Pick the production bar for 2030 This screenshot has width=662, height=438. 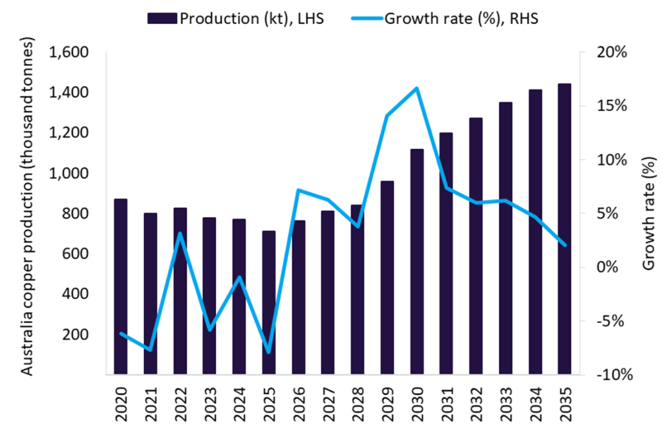click(x=416, y=262)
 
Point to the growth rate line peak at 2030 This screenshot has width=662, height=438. click(x=416, y=88)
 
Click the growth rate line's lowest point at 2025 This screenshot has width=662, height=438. click(x=268, y=353)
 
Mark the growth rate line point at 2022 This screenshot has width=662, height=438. click(x=180, y=233)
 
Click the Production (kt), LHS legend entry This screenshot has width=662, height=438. click(x=237, y=18)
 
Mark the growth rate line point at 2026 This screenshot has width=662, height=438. click(x=298, y=190)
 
